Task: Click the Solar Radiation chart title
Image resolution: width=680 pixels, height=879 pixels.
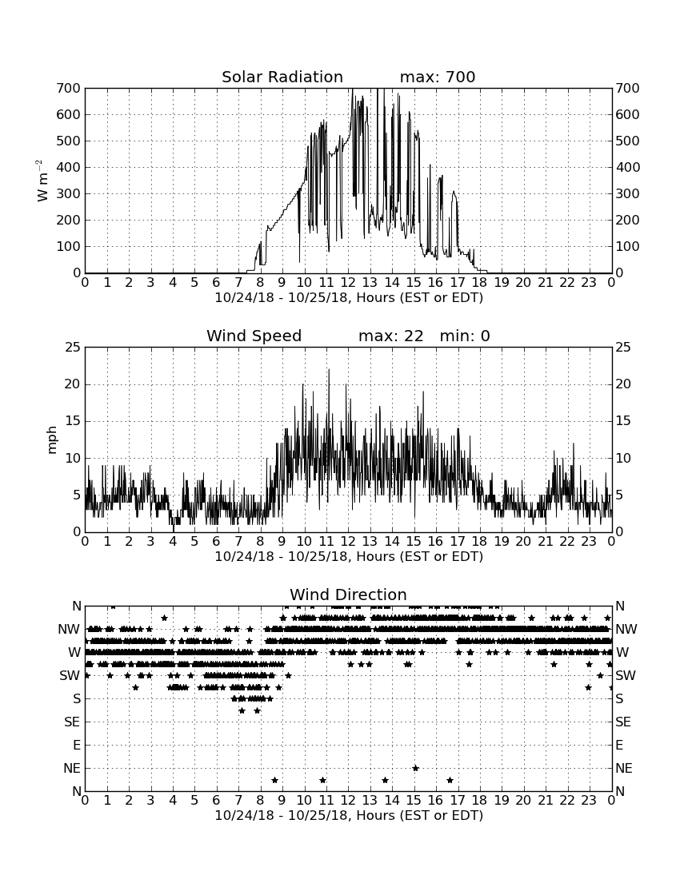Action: tap(282, 77)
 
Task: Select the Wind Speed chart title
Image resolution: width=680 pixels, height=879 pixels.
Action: tap(254, 336)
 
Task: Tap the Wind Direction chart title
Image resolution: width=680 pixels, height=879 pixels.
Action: tap(349, 595)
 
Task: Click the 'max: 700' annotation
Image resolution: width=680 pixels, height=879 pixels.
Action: tap(438, 77)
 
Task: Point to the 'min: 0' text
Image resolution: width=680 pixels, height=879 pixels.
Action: tap(465, 336)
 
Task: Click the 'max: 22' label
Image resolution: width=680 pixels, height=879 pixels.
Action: tap(391, 336)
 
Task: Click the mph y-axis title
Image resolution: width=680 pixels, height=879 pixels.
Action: tap(52, 440)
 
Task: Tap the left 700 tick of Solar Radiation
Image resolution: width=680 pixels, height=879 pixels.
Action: tap(69, 89)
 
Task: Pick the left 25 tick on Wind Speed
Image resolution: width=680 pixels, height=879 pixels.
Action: tap(74, 348)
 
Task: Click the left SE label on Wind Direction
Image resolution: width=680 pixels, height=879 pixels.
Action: tap(72, 722)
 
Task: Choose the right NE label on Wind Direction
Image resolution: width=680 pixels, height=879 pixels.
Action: tap(624, 769)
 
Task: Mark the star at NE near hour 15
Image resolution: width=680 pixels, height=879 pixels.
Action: tap(415, 768)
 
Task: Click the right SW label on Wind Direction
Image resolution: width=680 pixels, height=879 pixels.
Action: tap(626, 675)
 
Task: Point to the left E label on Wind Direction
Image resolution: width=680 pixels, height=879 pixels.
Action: tap(76, 745)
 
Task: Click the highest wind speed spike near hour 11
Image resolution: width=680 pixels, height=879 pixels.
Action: tap(329, 370)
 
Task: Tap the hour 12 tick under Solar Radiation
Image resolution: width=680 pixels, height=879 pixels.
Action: tap(348, 283)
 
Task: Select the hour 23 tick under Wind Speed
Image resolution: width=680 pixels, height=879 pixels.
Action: tap(589, 542)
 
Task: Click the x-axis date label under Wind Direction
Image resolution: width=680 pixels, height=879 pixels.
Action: tap(349, 815)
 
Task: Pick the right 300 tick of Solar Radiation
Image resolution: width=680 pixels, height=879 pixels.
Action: tap(628, 194)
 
